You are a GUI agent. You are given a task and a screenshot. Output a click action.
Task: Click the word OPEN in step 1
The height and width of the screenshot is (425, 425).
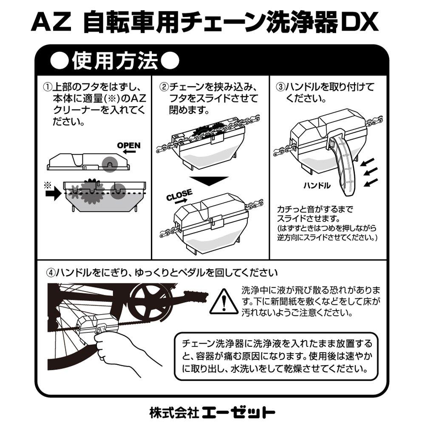pyautogui.click(x=128, y=145)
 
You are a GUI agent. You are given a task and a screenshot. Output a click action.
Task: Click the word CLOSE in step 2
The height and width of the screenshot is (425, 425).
pyautogui.click(x=179, y=196)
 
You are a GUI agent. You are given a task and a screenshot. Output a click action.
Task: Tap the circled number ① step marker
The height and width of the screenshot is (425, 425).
pyautogui.click(x=47, y=87)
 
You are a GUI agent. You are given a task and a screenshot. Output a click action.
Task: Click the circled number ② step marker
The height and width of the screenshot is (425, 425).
pyautogui.click(x=164, y=87)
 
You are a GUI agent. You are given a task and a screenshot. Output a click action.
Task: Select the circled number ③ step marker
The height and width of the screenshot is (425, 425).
pyautogui.click(x=280, y=87)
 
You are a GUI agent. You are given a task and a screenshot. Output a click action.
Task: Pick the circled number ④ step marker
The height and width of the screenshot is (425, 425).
pyautogui.click(x=51, y=272)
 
